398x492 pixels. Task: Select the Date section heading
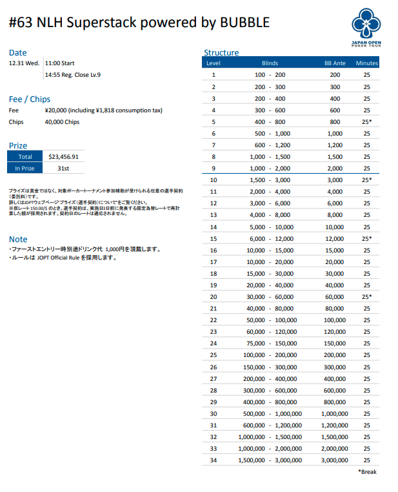tap(18, 52)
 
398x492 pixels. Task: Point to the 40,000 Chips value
tap(63, 121)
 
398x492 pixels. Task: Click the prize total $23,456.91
tap(63, 156)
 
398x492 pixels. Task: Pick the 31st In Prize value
tap(63, 168)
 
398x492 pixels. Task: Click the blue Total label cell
tap(25, 156)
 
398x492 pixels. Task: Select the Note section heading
tap(18, 239)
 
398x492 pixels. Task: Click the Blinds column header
tap(270, 63)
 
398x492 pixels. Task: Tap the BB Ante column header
tap(335, 63)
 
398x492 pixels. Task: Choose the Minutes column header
tap(367, 63)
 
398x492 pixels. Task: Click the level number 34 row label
tap(214, 460)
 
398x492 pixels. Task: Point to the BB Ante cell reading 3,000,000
tap(335, 460)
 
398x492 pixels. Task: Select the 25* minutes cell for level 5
tap(367, 121)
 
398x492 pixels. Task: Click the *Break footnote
tap(367, 472)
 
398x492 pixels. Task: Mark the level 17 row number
tap(214, 262)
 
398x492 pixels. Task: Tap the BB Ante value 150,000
tap(335, 343)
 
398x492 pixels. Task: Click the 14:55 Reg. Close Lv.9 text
tap(72, 75)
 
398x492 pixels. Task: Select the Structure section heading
tap(221, 52)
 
